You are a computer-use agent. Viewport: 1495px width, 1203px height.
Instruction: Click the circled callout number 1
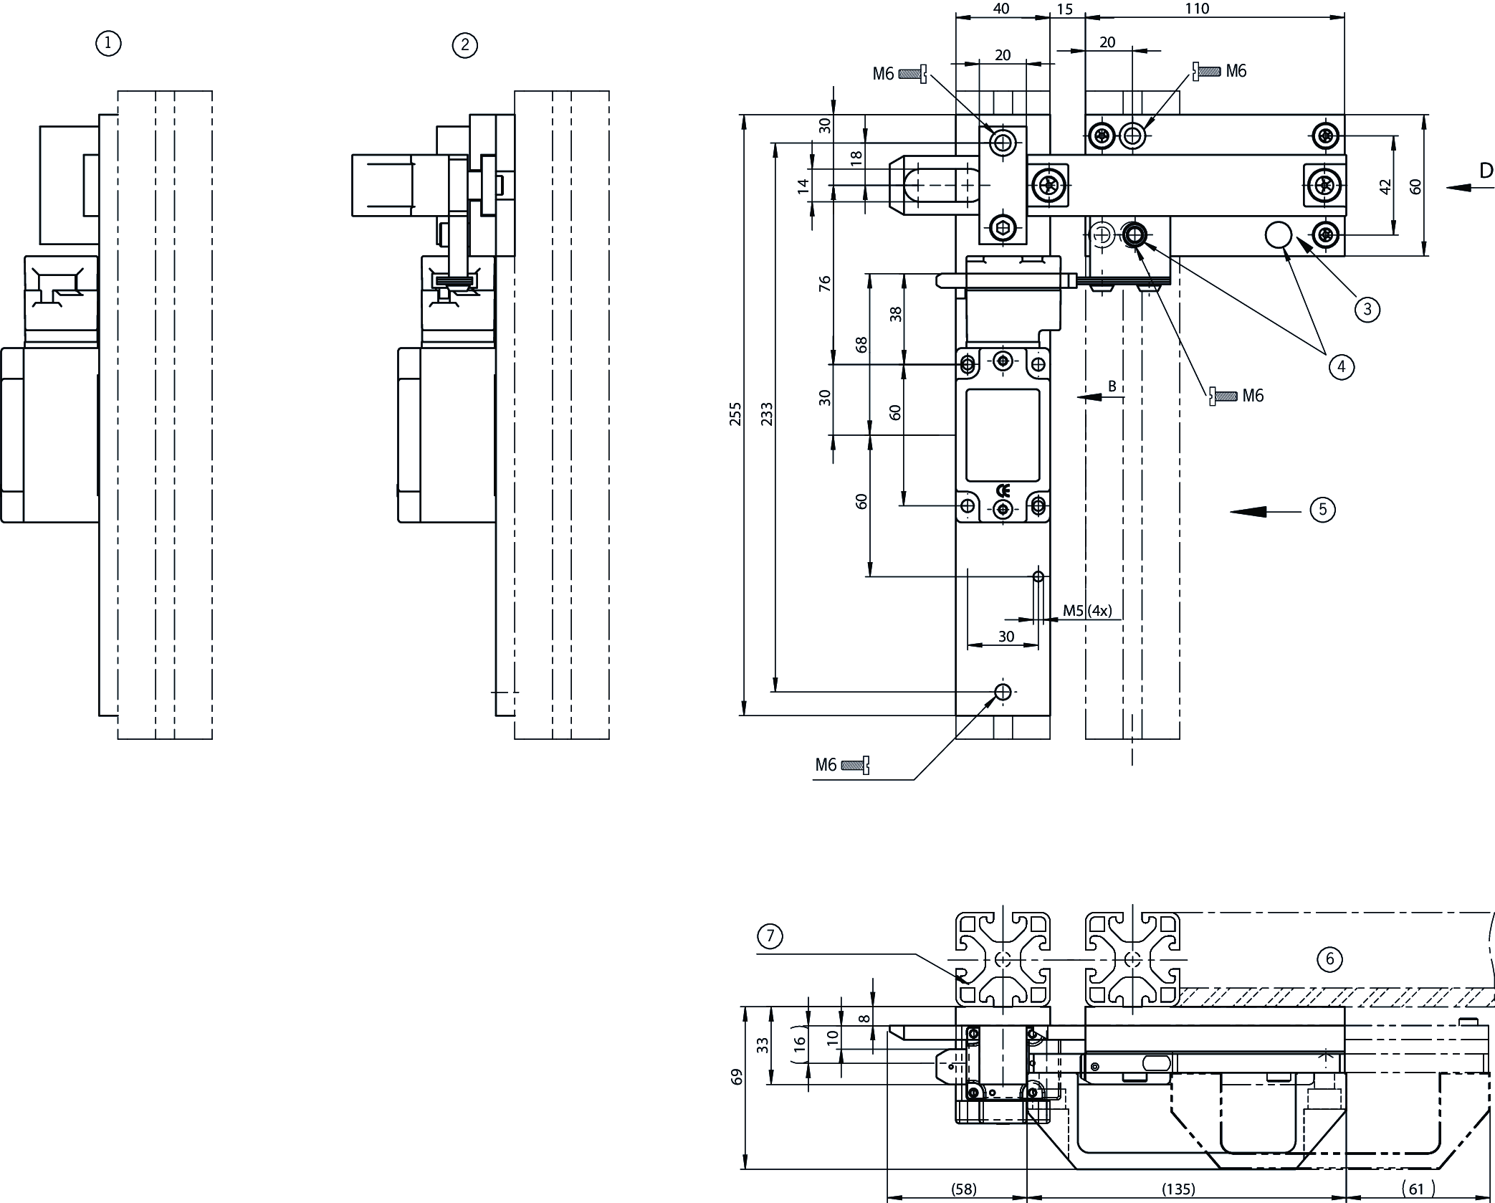(x=108, y=44)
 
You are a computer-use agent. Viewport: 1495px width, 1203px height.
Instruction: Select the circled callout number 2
(x=465, y=46)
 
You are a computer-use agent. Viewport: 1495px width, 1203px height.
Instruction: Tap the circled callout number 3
(x=1367, y=309)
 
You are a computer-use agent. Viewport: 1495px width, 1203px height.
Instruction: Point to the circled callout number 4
(x=1341, y=367)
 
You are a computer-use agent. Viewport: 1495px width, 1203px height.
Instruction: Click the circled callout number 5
(x=1322, y=510)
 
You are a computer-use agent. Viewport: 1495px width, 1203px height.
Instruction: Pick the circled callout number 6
(x=1329, y=959)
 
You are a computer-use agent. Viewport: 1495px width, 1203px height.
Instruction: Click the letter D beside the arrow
(x=1486, y=171)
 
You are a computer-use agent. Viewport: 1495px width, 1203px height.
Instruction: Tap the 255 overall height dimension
(x=735, y=414)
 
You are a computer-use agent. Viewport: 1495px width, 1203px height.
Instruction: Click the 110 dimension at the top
(x=1197, y=9)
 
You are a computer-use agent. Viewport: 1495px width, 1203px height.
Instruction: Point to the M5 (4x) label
(x=1086, y=611)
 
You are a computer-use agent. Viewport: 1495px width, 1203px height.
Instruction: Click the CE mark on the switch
(x=1003, y=491)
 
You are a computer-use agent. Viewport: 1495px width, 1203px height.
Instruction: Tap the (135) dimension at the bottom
(x=1178, y=1189)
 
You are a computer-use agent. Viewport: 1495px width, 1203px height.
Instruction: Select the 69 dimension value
(x=737, y=1077)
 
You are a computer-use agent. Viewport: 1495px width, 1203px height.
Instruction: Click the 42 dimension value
(x=1385, y=186)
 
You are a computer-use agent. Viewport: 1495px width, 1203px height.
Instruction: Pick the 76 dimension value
(x=824, y=283)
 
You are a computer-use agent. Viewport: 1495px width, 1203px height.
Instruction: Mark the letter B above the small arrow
(x=1112, y=386)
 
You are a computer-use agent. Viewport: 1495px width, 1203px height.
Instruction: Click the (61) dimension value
(x=1416, y=1189)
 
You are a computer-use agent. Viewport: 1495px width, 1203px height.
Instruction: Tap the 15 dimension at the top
(x=1065, y=9)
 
